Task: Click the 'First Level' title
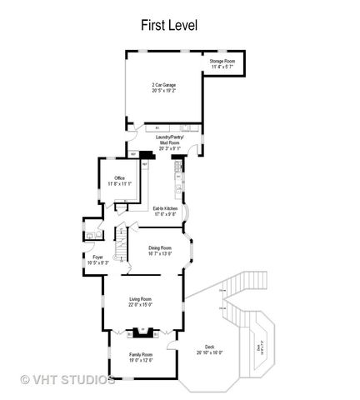pos(168,26)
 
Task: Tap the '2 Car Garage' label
pos(163,84)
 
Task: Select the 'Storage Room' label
pos(222,62)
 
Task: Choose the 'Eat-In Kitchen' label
pos(165,207)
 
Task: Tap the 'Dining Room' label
pos(160,247)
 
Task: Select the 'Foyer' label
pos(98,257)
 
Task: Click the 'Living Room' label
pos(140,299)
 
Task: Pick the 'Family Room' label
pos(141,354)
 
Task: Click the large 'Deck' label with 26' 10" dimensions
pos(208,347)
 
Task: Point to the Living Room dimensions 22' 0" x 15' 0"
pos(140,305)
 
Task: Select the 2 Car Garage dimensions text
pos(163,90)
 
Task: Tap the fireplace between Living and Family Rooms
pos(141,333)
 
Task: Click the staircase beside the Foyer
pos(121,245)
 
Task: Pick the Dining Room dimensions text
pos(160,253)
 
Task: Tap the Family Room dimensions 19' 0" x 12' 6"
pos(141,360)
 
